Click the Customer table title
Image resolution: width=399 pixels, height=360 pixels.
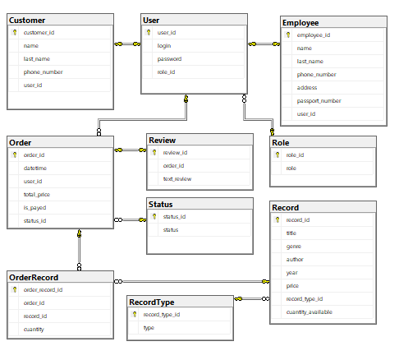[x=27, y=21]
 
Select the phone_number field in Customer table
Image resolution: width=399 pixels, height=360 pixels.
[x=44, y=72]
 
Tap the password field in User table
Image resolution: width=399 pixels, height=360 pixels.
[x=169, y=59]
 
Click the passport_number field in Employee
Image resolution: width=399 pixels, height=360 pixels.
[x=319, y=101]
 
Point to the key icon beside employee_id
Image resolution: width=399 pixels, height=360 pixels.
[x=288, y=35]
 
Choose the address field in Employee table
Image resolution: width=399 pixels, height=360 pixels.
[x=307, y=88]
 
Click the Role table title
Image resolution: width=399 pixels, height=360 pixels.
[x=281, y=143]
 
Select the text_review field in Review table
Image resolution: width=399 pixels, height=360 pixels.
[x=177, y=179]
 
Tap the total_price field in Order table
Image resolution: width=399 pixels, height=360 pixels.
[x=37, y=195]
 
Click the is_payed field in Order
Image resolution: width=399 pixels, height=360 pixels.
[x=34, y=208]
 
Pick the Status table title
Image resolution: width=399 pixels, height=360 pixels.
[x=161, y=205]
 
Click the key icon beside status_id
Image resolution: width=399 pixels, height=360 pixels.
[x=154, y=216]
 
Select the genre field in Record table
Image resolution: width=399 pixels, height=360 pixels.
[x=294, y=247]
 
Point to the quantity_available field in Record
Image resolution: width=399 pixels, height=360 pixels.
[x=310, y=312]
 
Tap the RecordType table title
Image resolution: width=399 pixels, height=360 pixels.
[x=152, y=302]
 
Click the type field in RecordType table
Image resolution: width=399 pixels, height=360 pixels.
[x=149, y=328]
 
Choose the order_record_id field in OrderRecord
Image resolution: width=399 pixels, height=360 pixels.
[x=43, y=290]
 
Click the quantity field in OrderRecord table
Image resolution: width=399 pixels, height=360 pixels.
[x=34, y=330]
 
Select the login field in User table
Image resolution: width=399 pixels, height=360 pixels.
[x=164, y=46]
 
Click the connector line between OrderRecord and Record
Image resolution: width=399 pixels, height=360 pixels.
[x=192, y=281]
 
